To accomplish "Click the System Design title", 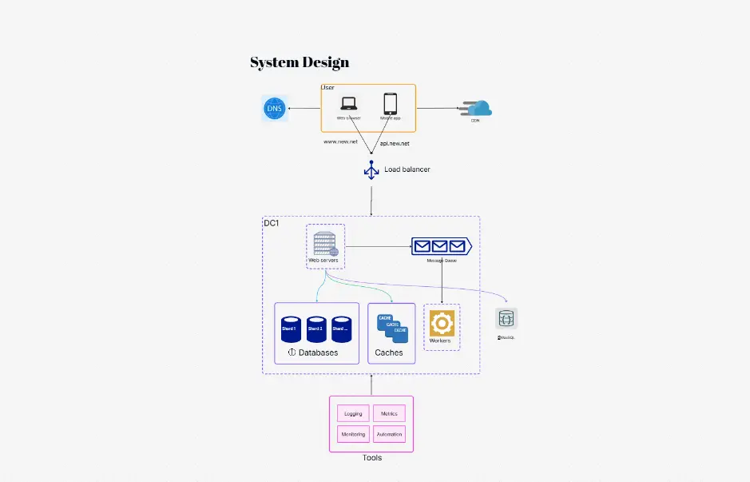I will [300, 62].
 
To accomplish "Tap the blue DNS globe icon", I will [274, 109].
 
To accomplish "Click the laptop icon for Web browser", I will [348, 104].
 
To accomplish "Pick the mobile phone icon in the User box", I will [390, 103].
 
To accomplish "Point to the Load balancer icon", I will [371, 169].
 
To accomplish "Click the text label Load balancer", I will [407, 169].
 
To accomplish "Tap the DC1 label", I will [272, 223].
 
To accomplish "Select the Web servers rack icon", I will [325, 243].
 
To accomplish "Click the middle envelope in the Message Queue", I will [440, 246].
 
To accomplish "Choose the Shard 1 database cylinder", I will [290, 329].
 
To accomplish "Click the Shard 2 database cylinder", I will [316, 329].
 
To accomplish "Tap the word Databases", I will [318, 353].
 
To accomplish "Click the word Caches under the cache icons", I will [389, 353].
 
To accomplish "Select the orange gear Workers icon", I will [441, 323].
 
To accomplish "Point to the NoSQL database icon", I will [506, 319].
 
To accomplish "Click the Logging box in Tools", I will [353, 413].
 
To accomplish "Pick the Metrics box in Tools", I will [389, 413].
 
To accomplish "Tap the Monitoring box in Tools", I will [353, 434].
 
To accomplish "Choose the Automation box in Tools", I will [389, 434].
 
